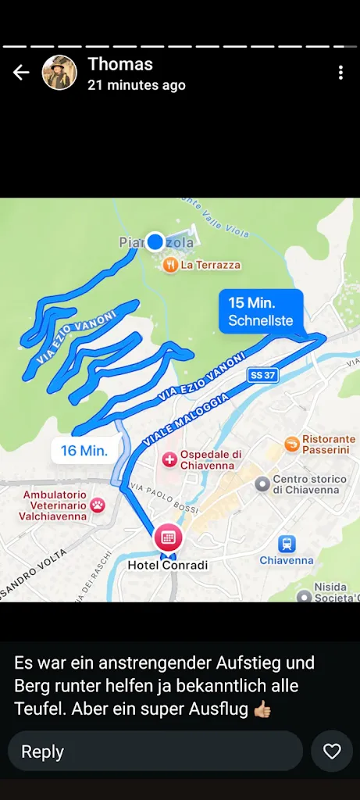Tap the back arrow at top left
click(21, 73)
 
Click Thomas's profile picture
click(59, 73)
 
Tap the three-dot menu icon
click(340, 73)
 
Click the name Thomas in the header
click(120, 64)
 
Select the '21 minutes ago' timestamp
click(137, 85)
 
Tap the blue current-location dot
click(155, 241)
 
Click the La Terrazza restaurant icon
click(170, 265)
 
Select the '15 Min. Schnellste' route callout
click(261, 311)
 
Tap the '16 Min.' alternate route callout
click(84, 450)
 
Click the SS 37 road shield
click(262, 376)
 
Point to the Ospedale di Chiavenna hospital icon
click(169, 459)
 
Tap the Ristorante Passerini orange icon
click(292, 445)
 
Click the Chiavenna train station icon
click(287, 544)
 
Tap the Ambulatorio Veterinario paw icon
click(98, 505)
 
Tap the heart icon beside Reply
click(332, 752)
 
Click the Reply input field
click(155, 752)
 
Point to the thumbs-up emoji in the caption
click(262, 709)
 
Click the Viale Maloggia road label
click(186, 420)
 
